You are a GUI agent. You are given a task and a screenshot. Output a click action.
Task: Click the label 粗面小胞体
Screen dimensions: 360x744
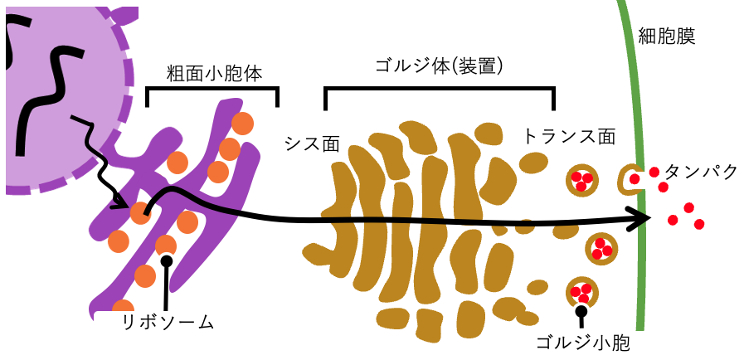point(203,73)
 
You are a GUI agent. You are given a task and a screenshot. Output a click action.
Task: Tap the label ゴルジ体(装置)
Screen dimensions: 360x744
point(439,66)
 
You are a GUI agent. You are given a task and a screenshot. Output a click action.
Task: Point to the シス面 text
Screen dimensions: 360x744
point(312,143)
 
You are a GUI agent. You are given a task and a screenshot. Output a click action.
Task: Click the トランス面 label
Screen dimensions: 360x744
point(569,136)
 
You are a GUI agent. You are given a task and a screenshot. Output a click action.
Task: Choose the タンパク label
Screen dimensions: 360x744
point(702,172)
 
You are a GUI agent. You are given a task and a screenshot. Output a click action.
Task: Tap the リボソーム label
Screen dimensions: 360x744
point(167,322)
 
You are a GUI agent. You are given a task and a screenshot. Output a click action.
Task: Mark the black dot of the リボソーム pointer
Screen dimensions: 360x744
point(167,261)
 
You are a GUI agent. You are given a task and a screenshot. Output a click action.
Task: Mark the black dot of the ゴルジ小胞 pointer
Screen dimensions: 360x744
point(581,311)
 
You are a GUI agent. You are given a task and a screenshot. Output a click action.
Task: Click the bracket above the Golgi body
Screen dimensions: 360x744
point(439,88)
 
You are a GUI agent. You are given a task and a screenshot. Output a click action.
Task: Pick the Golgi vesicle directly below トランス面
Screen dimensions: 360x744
point(581,179)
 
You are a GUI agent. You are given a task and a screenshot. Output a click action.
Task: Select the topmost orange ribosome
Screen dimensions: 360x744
point(242,124)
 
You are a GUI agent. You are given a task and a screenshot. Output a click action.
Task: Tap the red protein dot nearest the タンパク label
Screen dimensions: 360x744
point(655,172)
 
